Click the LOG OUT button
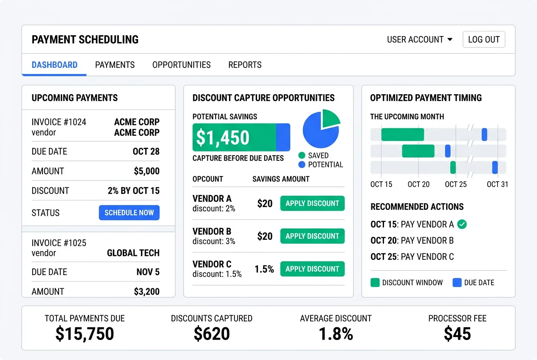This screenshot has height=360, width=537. click(x=483, y=39)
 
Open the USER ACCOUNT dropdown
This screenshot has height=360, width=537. click(x=419, y=39)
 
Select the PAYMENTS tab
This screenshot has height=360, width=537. click(x=115, y=65)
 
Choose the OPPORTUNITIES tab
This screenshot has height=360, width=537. click(x=181, y=65)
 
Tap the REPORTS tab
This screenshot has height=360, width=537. click(x=245, y=65)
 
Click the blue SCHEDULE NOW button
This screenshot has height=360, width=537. click(x=129, y=213)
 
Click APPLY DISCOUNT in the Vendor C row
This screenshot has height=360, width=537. click(x=312, y=269)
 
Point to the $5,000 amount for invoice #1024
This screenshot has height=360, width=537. click(x=147, y=171)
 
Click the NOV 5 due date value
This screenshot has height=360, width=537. click(x=148, y=272)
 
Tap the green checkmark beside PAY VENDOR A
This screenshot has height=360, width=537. click(x=462, y=224)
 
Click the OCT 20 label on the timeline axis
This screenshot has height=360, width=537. click(x=418, y=184)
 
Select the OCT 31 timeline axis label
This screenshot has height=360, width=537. click(x=497, y=184)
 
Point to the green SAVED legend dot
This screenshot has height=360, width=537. click(x=302, y=155)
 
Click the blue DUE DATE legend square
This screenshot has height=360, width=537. click(x=457, y=283)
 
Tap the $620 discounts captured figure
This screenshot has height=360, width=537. click(x=212, y=334)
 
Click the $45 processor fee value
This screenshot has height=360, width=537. click(x=457, y=334)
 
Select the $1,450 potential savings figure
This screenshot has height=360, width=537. click(x=223, y=138)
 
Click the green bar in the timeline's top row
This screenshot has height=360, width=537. click(x=402, y=135)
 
